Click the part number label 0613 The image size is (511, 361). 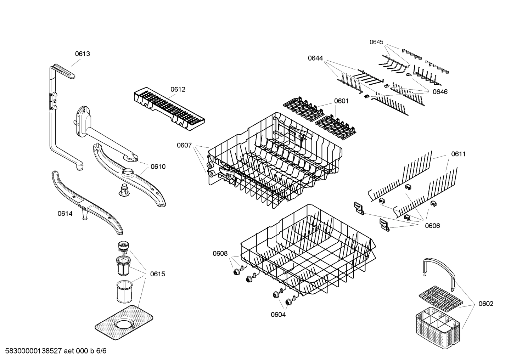[82, 54]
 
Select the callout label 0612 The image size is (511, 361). [178, 89]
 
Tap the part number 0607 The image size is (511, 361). [184, 145]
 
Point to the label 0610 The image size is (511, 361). [158, 167]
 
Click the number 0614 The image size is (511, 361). [65, 213]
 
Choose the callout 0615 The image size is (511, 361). [157, 274]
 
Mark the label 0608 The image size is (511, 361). [220, 253]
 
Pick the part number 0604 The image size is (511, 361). [278, 314]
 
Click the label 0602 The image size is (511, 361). [485, 304]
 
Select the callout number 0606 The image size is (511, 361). [432, 226]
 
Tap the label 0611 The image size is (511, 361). [458, 154]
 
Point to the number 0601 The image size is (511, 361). [341, 101]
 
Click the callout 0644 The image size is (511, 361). [315, 58]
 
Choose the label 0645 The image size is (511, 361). [376, 42]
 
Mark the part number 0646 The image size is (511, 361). [440, 92]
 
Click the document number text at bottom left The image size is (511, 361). [54, 351]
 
